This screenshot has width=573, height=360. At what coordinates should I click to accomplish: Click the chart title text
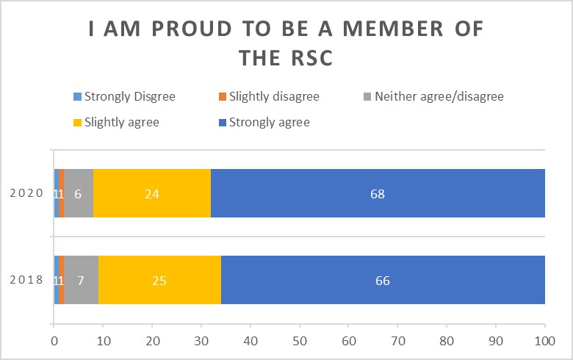(x=286, y=43)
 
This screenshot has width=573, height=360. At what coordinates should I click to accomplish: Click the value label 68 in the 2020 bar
(x=378, y=195)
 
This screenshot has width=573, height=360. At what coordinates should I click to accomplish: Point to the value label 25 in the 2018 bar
(x=159, y=280)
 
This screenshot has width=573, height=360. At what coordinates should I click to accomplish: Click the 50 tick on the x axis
(x=299, y=340)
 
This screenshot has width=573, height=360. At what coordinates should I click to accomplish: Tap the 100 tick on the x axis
(x=544, y=340)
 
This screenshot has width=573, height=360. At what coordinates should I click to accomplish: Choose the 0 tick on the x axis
(x=54, y=340)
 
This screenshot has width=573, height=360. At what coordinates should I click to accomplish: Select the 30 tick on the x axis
(x=201, y=340)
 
